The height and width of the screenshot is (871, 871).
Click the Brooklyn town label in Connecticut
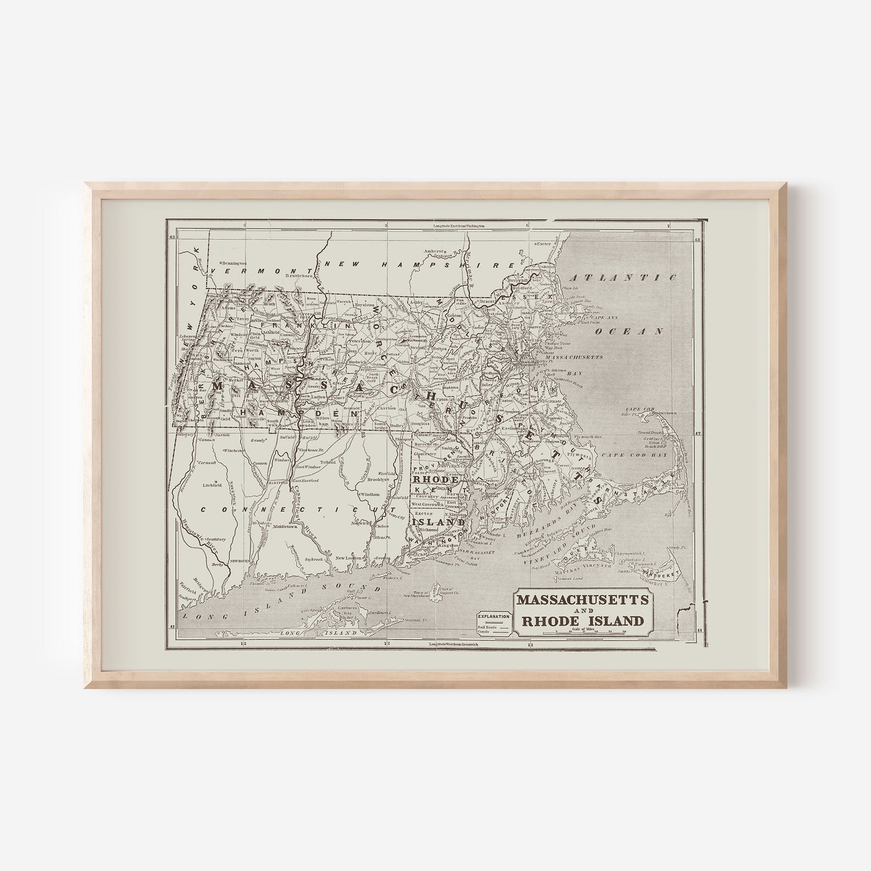click(378, 479)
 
